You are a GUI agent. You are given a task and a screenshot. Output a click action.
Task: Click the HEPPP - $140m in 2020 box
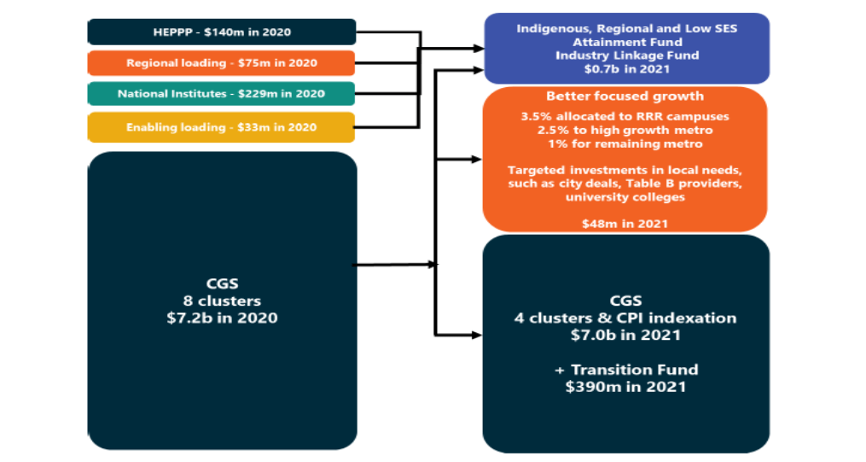pos(222,32)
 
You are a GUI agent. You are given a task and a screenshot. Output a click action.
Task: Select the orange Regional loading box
pos(222,63)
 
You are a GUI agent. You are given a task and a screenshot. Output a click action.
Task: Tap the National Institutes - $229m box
pos(222,94)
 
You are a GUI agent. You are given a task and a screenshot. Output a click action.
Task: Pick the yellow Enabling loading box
pos(222,127)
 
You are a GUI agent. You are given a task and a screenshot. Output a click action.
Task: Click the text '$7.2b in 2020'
pos(222,318)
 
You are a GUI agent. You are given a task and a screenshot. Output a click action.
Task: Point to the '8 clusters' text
pos(222,301)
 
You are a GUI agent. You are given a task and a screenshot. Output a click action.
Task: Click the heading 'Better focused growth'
pos(625,96)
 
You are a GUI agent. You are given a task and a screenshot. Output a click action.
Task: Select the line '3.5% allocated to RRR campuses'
pos(625,116)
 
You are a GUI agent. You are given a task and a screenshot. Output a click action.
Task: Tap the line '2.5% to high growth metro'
pos(625,130)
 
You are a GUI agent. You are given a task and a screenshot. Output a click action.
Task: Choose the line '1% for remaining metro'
pos(625,143)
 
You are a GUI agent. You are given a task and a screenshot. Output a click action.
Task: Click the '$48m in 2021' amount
pos(625,223)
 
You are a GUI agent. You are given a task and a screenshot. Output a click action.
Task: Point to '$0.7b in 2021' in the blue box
pos(626,68)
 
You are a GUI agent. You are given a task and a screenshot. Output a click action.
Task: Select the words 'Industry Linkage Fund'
pos(626,56)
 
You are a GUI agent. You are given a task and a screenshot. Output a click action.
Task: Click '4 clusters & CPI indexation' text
pos(626,318)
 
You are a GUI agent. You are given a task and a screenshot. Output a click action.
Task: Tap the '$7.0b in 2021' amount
pos(626,335)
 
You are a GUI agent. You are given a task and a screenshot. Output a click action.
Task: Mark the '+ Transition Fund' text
pos(626,370)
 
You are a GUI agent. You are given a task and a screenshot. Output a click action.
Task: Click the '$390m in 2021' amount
pos(626,387)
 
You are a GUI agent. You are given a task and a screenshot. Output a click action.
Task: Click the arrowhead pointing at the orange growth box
pos(475,159)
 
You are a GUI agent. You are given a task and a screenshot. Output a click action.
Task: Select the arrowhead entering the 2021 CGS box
pos(475,333)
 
